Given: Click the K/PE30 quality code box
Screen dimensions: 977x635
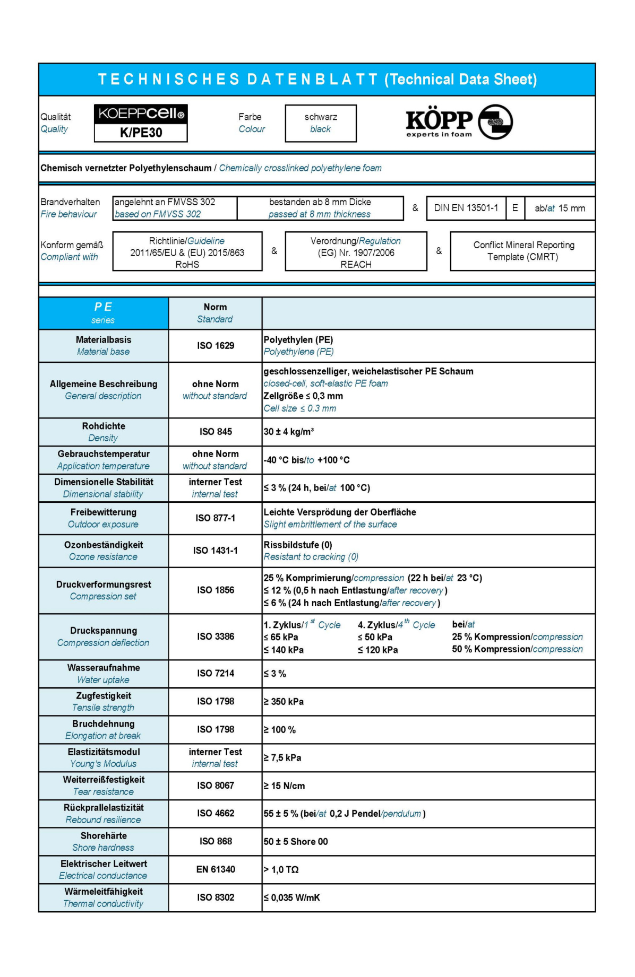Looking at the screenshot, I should pyautogui.click(x=141, y=133).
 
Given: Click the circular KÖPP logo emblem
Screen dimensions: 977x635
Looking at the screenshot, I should pyautogui.click(x=495, y=122).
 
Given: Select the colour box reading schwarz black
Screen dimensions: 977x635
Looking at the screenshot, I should pyautogui.click(x=321, y=123).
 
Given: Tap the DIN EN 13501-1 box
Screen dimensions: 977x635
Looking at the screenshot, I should pyautogui.click(x=466, y=208).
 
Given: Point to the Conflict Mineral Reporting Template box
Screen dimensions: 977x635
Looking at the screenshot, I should pyautogui.click(x=523, y=251).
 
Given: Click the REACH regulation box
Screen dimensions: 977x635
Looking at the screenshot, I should pyautogui.click(x=356, y=252).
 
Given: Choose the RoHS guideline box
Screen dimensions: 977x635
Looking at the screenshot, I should pyautogui.click(x=187, y=252).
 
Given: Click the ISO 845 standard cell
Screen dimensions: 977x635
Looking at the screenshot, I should pyautogui.click(x=216, y=432).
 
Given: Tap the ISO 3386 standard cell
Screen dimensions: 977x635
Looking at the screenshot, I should pyautogui.click(x=216, y=636).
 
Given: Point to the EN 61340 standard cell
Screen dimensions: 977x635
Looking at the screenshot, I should pyautogui.click(x=216, y=869).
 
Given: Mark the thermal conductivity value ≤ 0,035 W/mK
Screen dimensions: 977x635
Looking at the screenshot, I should pyautogui.click(x=292, y=897).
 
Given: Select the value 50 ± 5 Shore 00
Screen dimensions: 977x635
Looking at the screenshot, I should pyautogui.click(x=296, y=842).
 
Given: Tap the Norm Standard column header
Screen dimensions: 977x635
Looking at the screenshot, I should pyautogui.click(x=215, y=313).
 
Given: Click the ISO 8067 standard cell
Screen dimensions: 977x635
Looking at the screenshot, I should pyautogui.click(x=216, y=786).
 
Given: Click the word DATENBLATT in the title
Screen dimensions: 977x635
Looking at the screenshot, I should pyautogui.click(x=313, y=80).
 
